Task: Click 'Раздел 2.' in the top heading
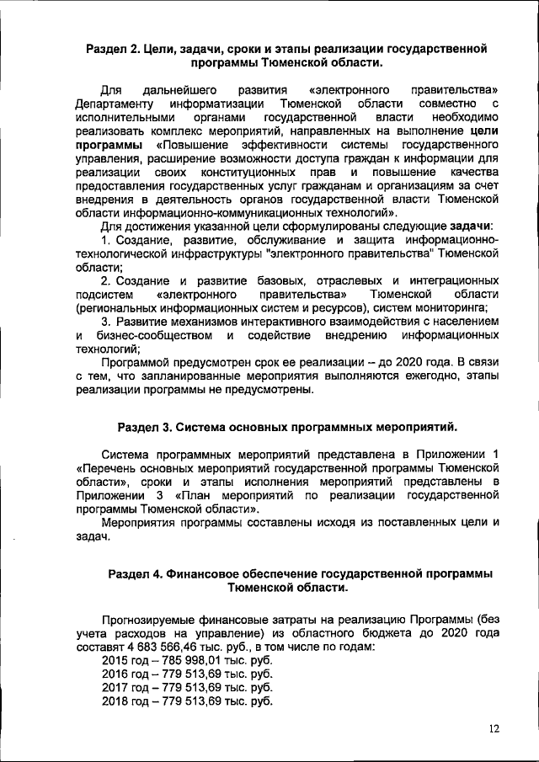coord(115,47)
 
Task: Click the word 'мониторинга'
coord(451,308)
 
